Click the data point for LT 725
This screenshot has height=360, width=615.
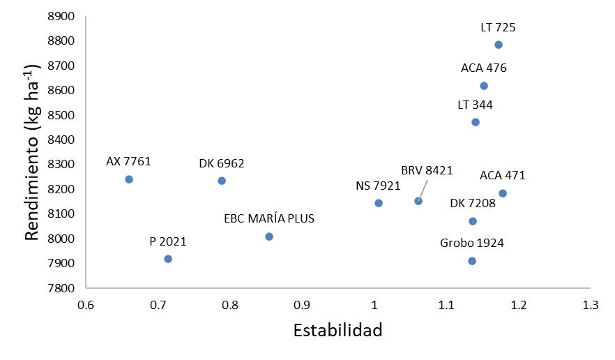[x=499, y=45]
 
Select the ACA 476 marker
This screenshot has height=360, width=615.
[x=484, y=87]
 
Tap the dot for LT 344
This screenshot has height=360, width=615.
[x=476, y=123]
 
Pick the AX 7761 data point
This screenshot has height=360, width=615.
[x=129, y=179]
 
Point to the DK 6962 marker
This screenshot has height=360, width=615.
[x=222, y=181]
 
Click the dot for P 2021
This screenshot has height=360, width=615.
[x=168, y=259]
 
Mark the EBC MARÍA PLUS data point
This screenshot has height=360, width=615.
[x=269, y=237]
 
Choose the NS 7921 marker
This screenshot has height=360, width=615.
[x=379, y=203]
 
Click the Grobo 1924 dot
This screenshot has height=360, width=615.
[x=472, y=261]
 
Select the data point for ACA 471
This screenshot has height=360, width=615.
[x=503, y=193]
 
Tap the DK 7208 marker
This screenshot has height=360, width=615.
[x=473, y=221]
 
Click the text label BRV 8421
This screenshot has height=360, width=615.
[x=427, y=170]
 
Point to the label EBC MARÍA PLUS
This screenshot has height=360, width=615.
[x=269, y=218]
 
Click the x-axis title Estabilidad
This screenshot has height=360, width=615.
[x=337, y=330]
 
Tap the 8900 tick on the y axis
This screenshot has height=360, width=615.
[x=61, y=16]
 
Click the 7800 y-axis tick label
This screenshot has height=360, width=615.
[x=61, y=288]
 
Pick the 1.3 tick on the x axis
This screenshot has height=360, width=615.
[x=591, y=305]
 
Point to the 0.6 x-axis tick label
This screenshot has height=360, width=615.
[x=85, y=305]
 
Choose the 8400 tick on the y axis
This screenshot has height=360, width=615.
[x=61, y=140]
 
